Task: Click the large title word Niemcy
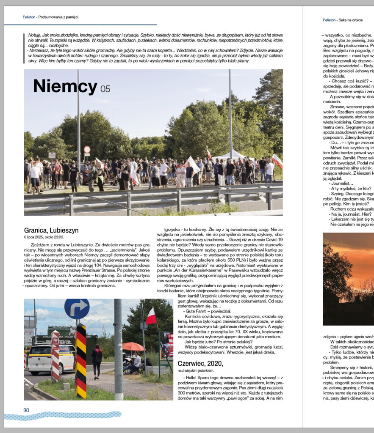(66, 87)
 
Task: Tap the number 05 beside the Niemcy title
(105, 89)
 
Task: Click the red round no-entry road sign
(87, 149)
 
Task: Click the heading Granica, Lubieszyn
(51, 230)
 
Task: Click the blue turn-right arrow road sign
(77, 309)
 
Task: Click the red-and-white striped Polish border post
(55, 355)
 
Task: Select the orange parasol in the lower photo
(133, 346)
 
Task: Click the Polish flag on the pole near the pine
(151, 316)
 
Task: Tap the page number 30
(26, 410)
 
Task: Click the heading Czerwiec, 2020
(200, 363)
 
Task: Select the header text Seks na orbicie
(351, 20)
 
